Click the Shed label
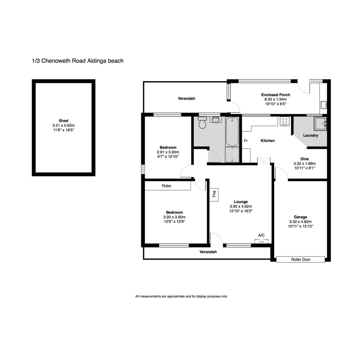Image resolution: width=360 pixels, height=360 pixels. click(63, 121)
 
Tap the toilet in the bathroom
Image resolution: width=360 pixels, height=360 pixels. click(202, 123)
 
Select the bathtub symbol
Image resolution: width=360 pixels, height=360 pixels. click(232, 132)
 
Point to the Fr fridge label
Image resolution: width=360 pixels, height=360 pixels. click(246, 141)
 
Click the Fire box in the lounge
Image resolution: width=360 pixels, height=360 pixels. click(214, 194)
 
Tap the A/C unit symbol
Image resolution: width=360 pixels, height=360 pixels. click(261, 241)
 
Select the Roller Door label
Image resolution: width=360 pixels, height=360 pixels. click(301, 259)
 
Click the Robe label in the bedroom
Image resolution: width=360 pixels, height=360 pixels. click(166, 186)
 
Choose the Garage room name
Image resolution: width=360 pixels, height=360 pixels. click(300, 217)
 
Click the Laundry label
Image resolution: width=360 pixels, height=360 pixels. click(310, 135)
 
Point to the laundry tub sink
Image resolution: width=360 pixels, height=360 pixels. click(321, 123)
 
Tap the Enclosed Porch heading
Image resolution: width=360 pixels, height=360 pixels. click(275, 95)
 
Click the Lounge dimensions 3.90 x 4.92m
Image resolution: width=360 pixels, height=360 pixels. click(241, 206)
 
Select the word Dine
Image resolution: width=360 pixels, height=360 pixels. click(304, 159)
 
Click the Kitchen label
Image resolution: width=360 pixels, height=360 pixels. click(268, 141)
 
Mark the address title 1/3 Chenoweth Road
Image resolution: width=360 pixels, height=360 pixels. click(77, 61)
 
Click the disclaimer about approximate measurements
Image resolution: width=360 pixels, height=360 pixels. click(181, 296)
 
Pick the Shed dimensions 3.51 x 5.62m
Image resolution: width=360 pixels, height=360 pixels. click(63, 125)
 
